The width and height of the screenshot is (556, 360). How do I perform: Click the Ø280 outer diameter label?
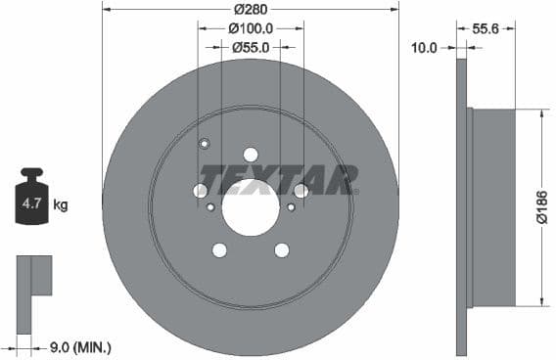click(x=250, y=10)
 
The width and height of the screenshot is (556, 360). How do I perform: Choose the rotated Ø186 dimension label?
click(x=539, y=207)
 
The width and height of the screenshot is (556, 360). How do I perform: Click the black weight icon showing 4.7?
click(x=30, y=200)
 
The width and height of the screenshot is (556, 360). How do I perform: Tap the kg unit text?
click(x=61, y=204)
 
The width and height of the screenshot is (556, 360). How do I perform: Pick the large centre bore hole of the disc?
click(x=250, y=207)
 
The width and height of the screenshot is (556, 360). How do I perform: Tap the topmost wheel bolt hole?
click(x=250, y=155)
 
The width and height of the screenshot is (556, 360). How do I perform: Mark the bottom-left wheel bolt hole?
click(x=219, y=250)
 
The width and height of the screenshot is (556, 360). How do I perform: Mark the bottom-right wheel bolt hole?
click(x=281, y=250)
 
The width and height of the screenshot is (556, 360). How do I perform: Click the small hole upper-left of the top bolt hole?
click(x=205, y=145)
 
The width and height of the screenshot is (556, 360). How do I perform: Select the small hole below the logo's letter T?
click(x=210, y=206)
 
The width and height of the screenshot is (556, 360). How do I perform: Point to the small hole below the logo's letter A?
click(x=291, y=206)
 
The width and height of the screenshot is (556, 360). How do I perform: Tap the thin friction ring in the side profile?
click(x=461, y=206)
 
